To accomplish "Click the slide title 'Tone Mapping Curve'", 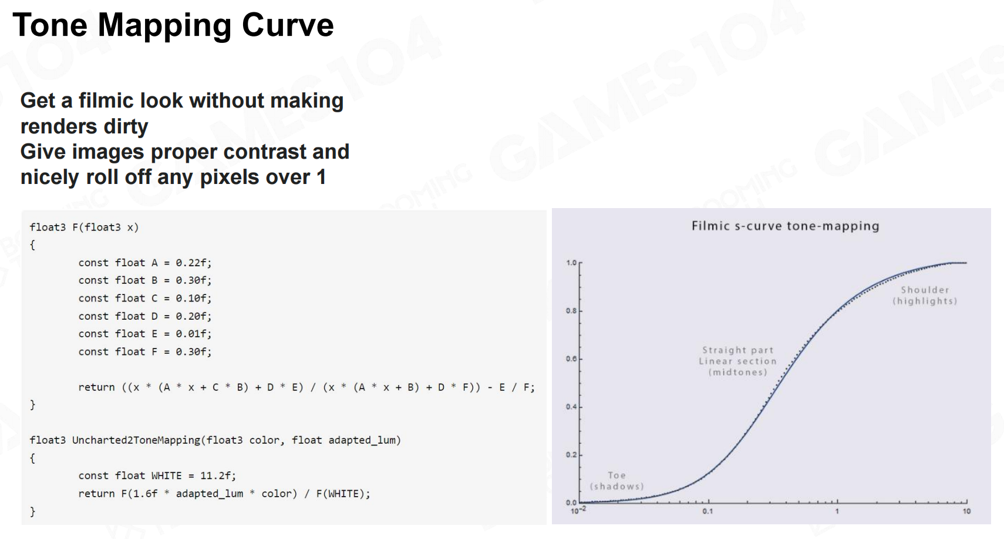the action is click(173, 26).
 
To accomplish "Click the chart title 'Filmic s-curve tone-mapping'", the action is click(785, 226).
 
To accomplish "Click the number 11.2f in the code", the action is click(218, 476).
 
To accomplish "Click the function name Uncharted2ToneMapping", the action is click(136, 440).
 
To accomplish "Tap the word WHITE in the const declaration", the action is click(166, 476).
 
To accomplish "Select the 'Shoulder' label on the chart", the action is click(925, 290).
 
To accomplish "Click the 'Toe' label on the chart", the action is click(616, 475).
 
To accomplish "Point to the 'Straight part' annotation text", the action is click(738, 350).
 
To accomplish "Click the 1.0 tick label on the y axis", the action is click(571, 263).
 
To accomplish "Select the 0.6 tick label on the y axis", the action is click(571, 359).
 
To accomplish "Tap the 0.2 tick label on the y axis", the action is click(571, 454).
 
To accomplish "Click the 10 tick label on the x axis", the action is click(966, 511).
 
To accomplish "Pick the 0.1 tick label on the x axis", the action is click(707, 511).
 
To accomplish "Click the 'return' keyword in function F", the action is click(96, 387).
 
